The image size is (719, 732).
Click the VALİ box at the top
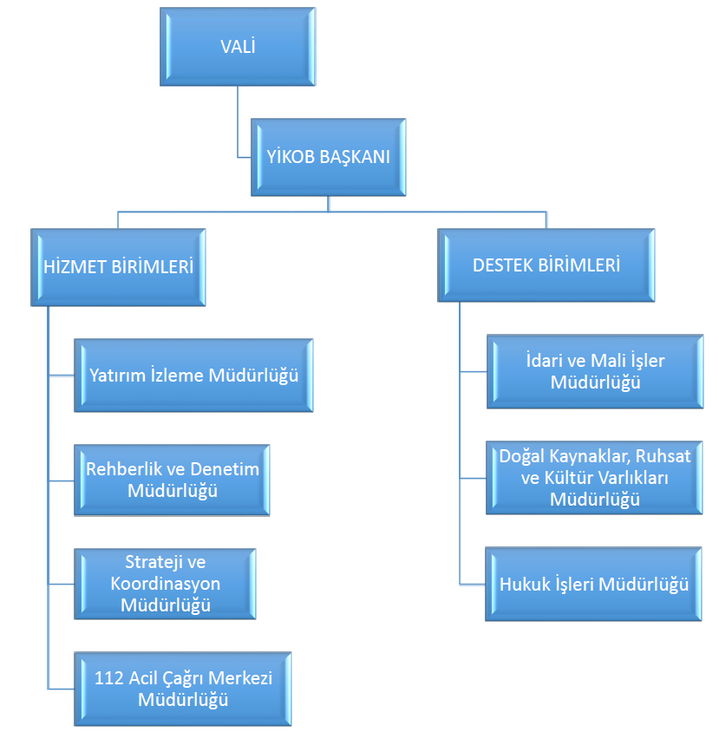pos(238,47)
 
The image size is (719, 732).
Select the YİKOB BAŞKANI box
pos(328,157)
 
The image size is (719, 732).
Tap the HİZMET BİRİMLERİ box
pos(118,267)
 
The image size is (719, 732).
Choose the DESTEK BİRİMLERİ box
pos(546,265)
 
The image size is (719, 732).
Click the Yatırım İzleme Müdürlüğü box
pos(193,376)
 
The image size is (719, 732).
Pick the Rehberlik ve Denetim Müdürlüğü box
pos(173,480)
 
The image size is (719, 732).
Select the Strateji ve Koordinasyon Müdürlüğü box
pos(166,584)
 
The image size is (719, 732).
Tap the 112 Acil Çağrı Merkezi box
pos(183,689)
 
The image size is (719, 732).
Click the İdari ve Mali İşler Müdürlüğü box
pos(595,371)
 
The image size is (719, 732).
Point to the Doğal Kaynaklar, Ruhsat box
pos(594,478)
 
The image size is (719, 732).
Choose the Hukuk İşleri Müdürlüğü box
pos(593,584)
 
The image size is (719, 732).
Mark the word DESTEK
pos(502,265)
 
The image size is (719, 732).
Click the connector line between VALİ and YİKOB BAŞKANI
pos(238,122)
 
